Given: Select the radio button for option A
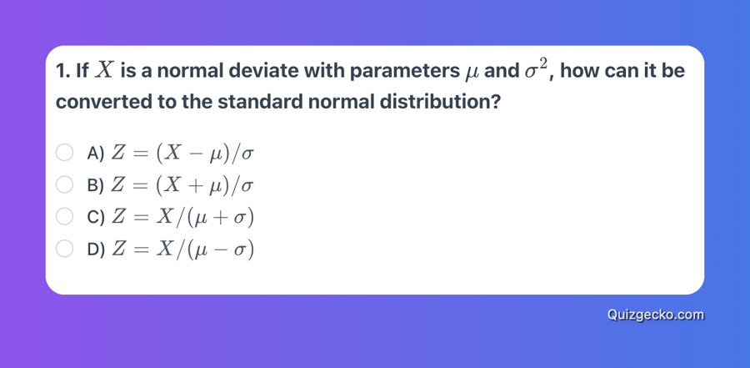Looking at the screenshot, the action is [64, 153].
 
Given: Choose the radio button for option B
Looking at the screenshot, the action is [64, 185].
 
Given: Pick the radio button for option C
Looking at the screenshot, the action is [64, 217].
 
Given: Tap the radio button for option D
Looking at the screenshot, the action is [64, 250].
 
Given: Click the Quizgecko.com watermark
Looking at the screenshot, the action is [656, 315].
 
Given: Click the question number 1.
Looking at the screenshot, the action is [61, 72].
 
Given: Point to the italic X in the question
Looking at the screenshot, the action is [104, 70].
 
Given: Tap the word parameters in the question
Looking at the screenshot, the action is [403, 72].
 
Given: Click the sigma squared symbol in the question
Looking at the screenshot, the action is [536, 69].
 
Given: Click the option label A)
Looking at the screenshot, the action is [96, 154].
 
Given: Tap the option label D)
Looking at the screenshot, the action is [96, 250].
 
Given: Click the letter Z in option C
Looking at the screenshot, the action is [117, 218].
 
